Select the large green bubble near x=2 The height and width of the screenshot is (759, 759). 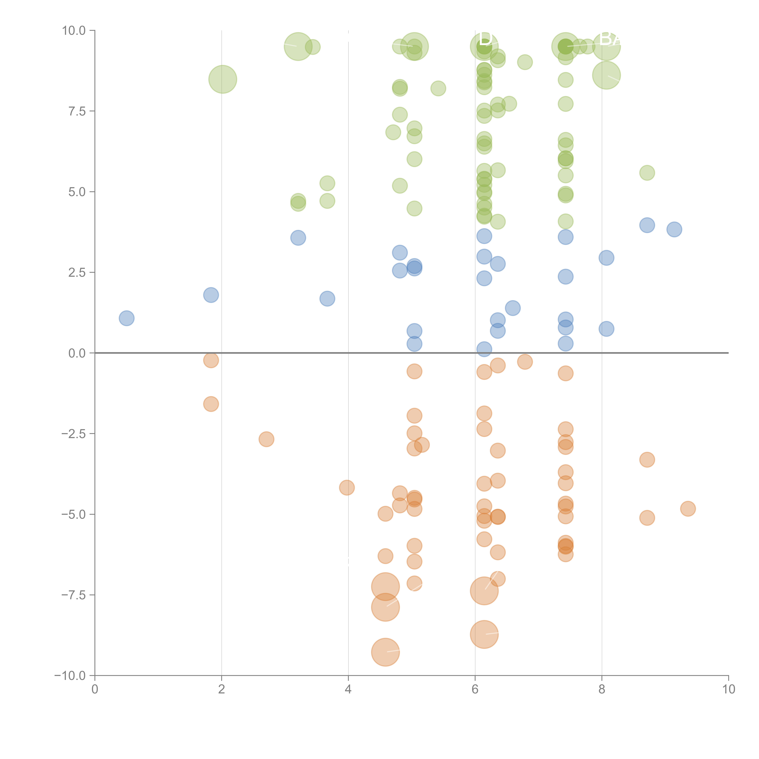point(223,79)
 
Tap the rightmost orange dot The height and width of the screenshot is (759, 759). point(688,509)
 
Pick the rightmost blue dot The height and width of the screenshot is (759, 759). point(674,229)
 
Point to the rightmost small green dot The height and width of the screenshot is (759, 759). point(647,173)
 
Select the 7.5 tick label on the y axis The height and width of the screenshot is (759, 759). point(77,111)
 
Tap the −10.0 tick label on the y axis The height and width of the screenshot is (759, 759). point(70,676)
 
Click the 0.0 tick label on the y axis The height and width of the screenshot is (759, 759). point(77,353)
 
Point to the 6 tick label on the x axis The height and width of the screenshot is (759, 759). point(475,689)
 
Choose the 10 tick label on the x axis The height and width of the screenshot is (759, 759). point(728,689)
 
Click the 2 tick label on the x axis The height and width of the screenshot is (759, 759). point(222,689)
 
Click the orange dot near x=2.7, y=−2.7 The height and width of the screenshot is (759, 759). point(266,439)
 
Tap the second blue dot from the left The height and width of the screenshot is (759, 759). point(211,295)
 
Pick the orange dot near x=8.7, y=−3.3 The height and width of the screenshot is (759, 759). point(647,460)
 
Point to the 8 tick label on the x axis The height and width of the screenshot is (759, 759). point(602,689)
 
